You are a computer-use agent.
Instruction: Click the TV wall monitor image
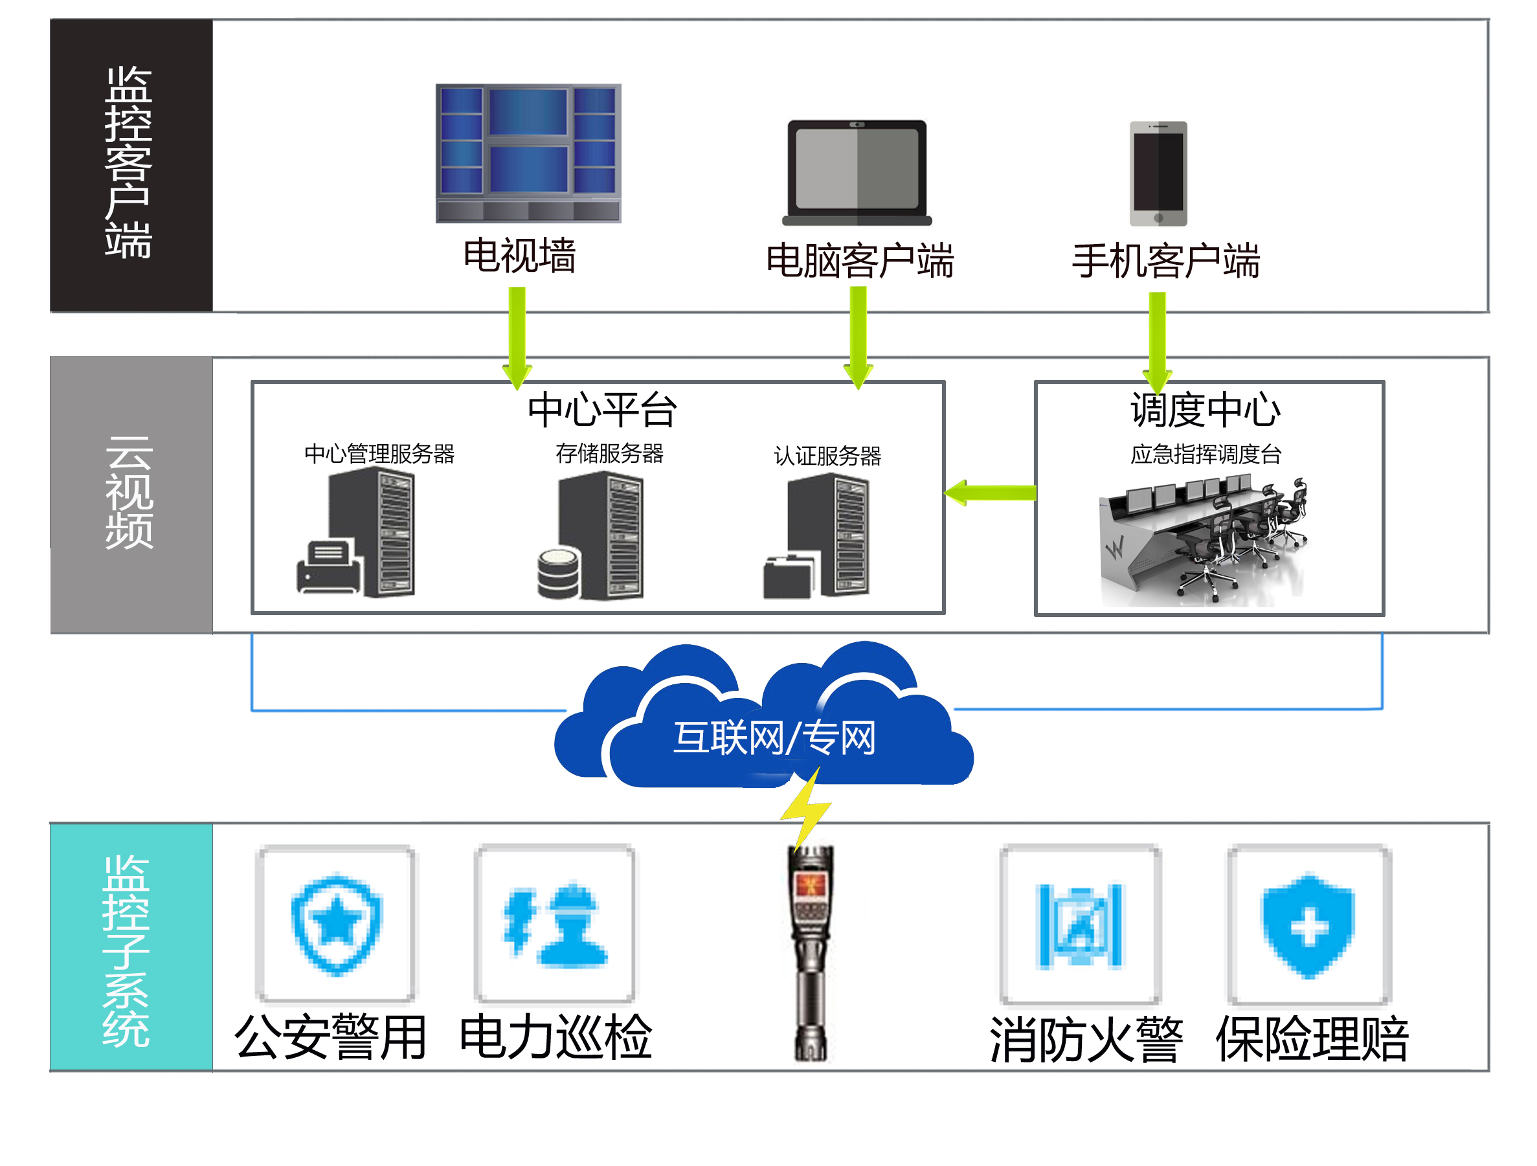point(528,153)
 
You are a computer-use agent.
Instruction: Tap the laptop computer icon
point(857,172)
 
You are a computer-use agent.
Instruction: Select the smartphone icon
point(1158,174)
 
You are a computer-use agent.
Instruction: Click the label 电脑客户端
point(860,262)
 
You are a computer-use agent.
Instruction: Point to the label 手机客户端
point(1165,262)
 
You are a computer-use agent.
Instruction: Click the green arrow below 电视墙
point(517,337)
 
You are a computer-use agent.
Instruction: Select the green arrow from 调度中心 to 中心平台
point(990,493)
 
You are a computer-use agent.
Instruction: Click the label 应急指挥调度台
point(1206,454)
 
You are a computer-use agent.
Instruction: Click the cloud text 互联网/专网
point(774,737)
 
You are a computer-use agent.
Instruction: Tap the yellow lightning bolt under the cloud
point(807,809)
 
